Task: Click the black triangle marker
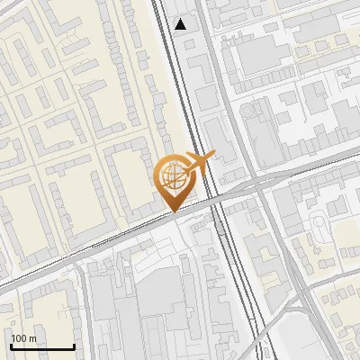tap(182, 24)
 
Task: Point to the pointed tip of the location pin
tap(172, 211)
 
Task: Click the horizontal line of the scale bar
tap(41, 346)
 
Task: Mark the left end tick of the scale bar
tap(11, 344)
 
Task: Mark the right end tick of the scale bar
tap(73, 344)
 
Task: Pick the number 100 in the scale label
tap(20, 338)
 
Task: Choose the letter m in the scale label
tap(33, 338)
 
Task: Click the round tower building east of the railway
tap(247, 110)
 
